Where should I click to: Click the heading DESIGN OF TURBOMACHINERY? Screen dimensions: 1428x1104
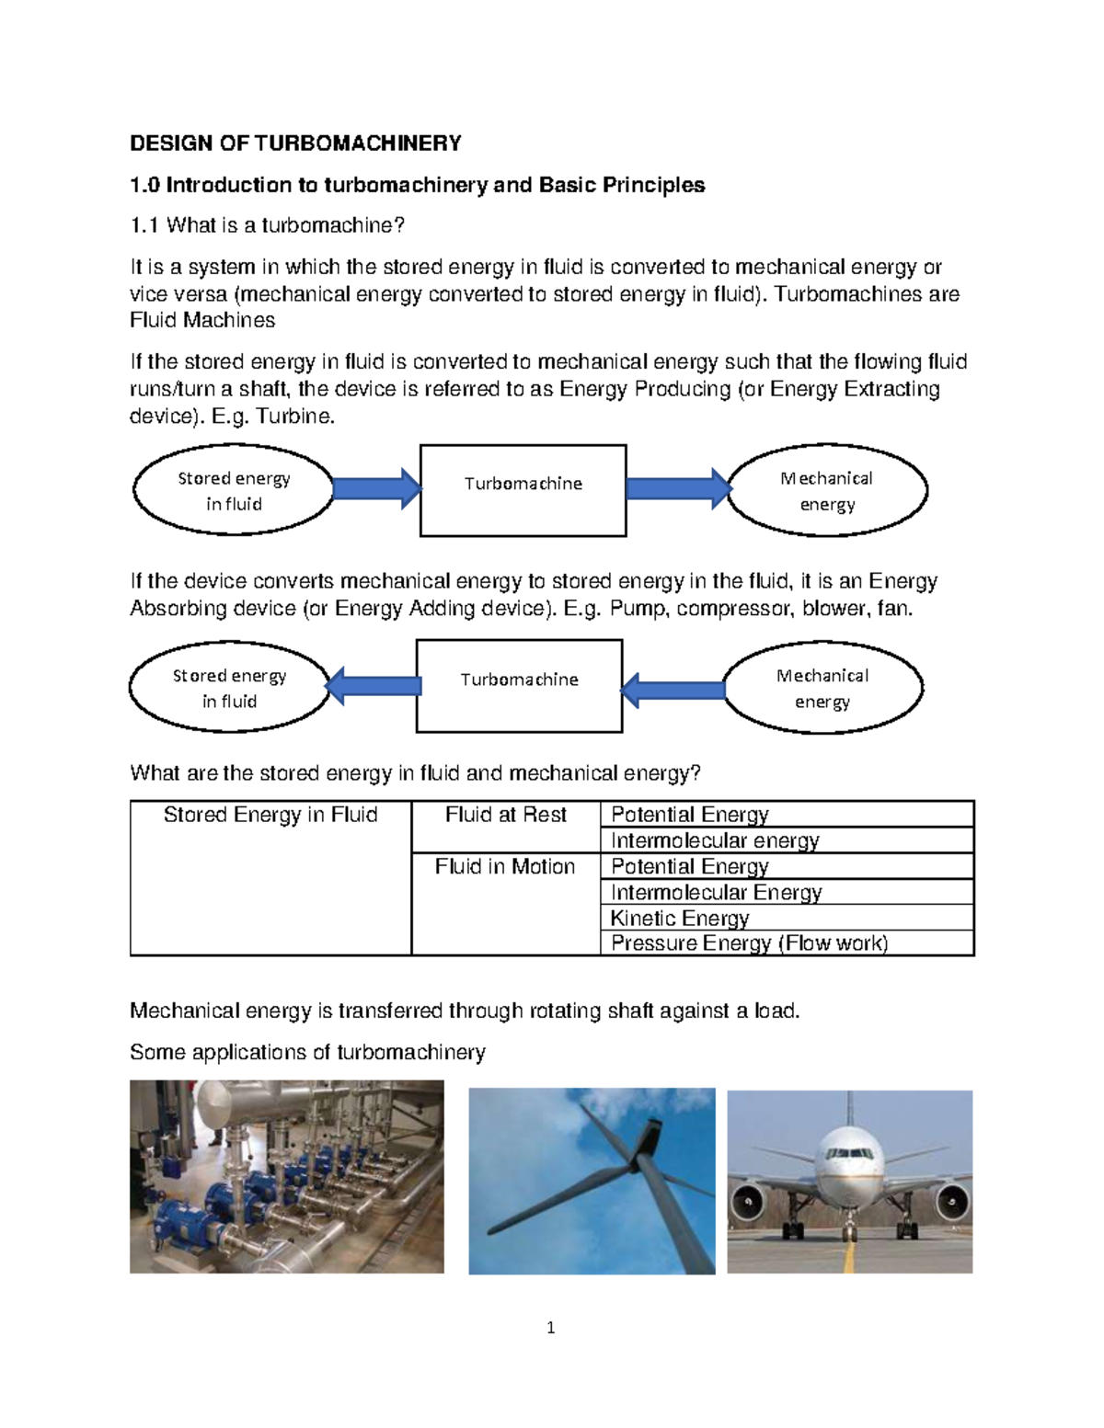pyautogui.click(x=295, y=143)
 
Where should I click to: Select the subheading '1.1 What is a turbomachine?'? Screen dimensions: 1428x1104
pyautogui.click(x=267, y=225)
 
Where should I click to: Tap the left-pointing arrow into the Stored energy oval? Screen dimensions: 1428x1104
pyautogui.click(x=374, y=686)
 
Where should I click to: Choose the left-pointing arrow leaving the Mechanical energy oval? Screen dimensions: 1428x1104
pyautogui.click(x=673, y=690)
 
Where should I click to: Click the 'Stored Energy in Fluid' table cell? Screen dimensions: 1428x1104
pyautogui.click(x=270, y=816)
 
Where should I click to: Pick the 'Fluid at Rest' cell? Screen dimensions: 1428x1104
pyautogui.click(x=505, y=816)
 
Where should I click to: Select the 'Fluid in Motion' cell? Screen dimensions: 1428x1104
pyautogui.click(x=505, y=867)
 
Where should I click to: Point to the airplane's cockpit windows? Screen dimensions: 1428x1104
pyautogui.click(x=848, y=1153)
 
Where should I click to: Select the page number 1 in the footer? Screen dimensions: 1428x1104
pyautogui.click(x=550, y=1328)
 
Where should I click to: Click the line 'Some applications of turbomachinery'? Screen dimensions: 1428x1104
pyautogui.click(x=307, y=1053)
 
